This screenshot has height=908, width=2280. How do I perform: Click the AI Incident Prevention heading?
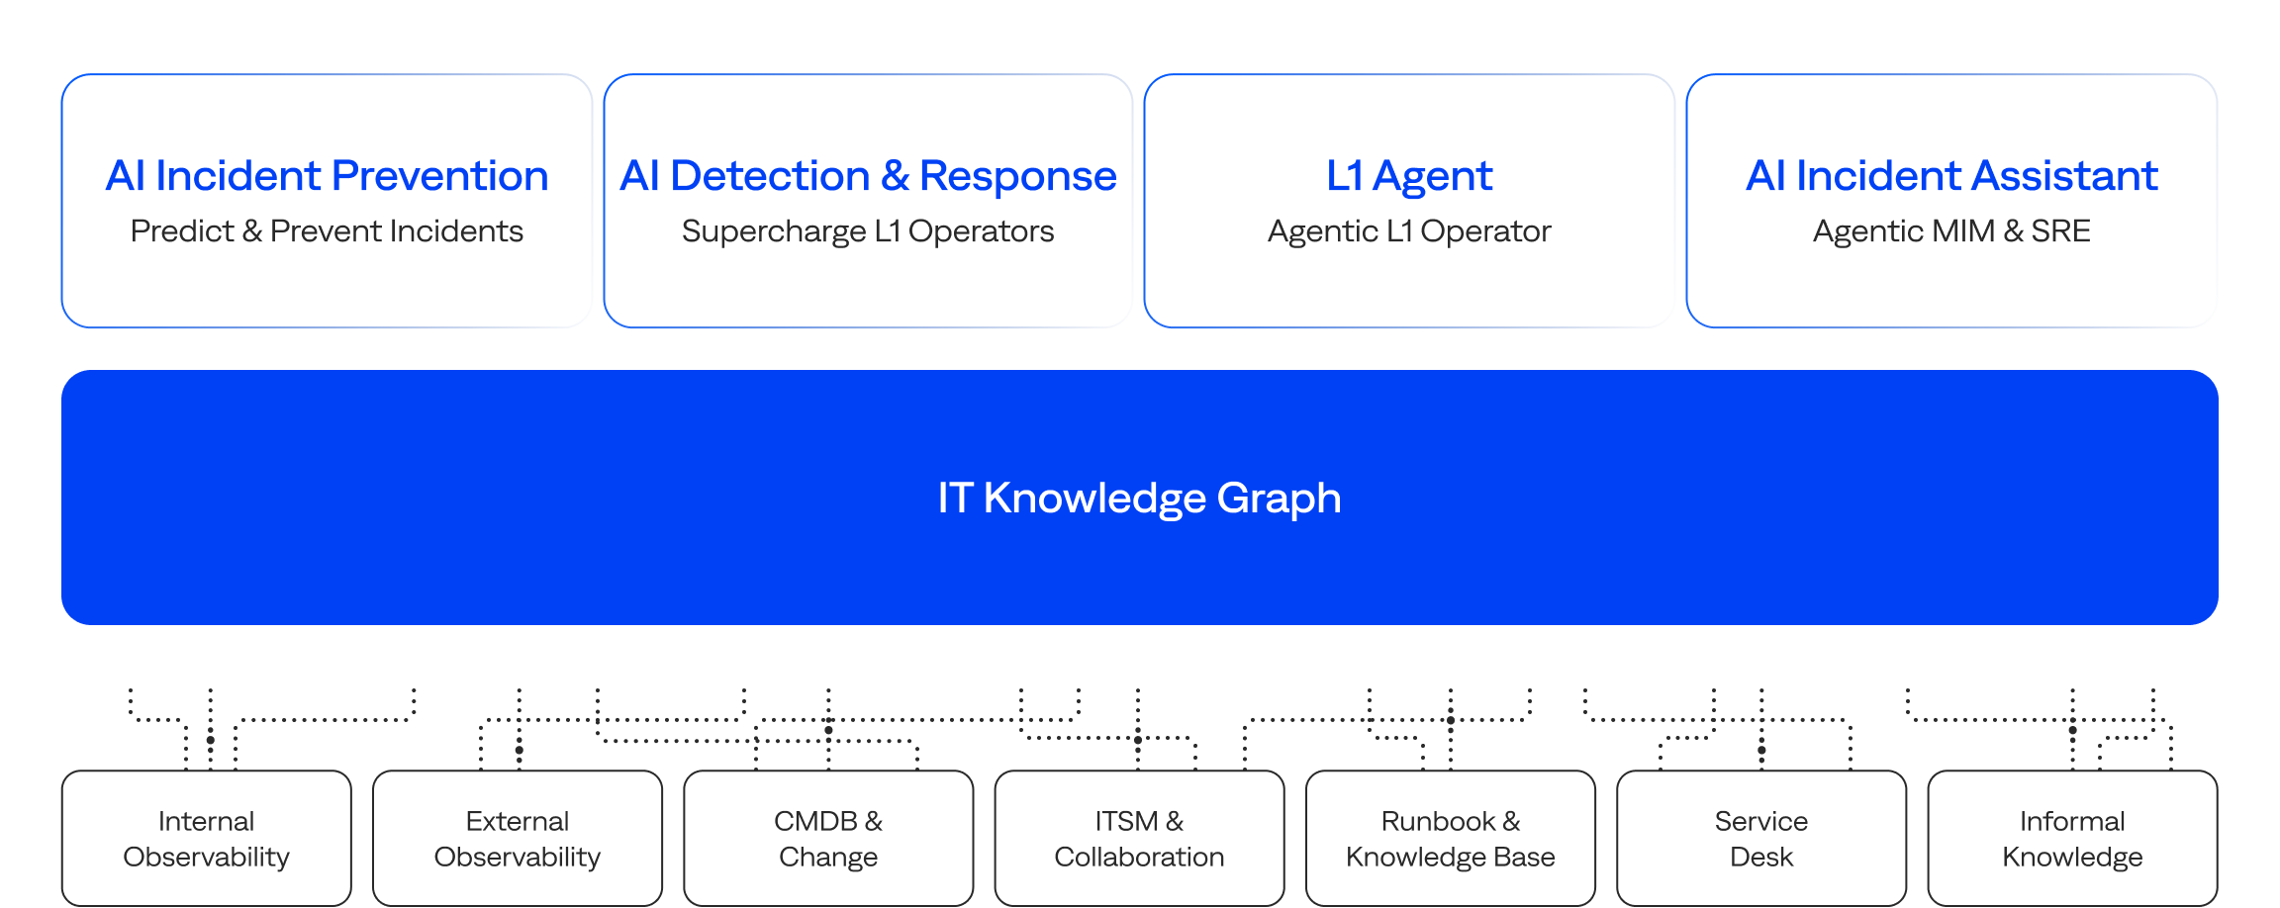[x=327, y=176]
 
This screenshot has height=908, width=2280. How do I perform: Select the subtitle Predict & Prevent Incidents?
[x=327, y=231]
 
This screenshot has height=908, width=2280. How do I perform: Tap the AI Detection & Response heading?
[x=868, y=176]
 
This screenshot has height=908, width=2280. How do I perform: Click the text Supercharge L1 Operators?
[x=868, y=231]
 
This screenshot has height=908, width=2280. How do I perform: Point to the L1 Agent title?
[x=1408, y=176]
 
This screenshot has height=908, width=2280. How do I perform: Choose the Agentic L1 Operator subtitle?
[x=1408, y=231]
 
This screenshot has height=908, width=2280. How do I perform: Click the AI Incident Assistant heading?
[x=1950, y=176]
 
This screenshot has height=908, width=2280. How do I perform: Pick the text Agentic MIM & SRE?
[x=1950, y=231]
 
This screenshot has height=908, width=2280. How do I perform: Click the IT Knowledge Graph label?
[x=1139, y=498]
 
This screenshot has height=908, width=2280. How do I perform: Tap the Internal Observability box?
[x=206, y=839]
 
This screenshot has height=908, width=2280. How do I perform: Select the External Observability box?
[x=517, y=839]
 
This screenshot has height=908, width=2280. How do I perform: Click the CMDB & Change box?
[x=828, y=839]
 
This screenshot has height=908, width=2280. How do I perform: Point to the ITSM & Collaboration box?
[x=1139, y=839]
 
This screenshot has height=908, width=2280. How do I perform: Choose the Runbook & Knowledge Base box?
[x=1450, y=839]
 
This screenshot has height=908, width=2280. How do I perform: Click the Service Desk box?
[x=1761, y=839]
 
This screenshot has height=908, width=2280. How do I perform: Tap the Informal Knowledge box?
[x=2072, y=839]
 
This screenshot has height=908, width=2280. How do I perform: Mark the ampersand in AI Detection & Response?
[x=895, y=176]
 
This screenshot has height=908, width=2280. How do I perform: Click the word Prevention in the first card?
[x=439, y=176]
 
